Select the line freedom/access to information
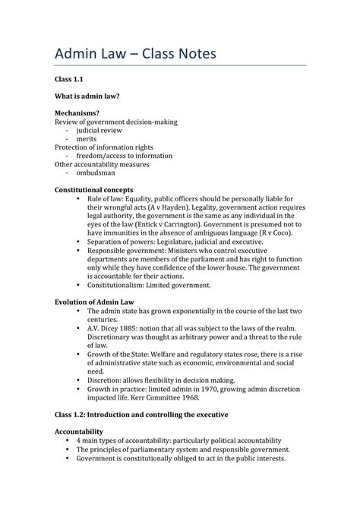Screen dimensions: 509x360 click(129, 156)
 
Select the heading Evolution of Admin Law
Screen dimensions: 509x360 click(95, 302)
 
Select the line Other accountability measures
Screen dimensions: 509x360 click(102, 164)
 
